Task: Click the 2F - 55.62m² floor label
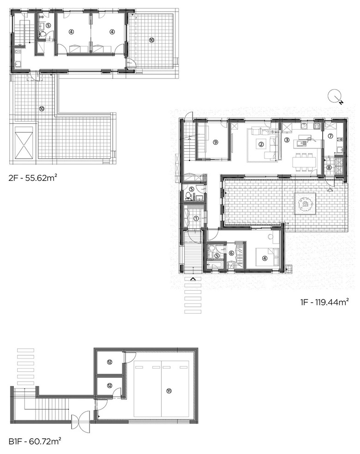(32, 178)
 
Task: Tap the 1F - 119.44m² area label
(324, 302)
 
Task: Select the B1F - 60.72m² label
(35, 441)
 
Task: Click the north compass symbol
(336, 97)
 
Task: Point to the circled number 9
(215, 142)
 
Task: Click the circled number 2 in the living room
(261, 143)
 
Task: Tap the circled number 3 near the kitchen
(287, 140)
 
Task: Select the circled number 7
(330, 136)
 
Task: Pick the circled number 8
(329, 167)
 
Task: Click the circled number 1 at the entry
(196, 218)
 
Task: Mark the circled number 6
(231, 253)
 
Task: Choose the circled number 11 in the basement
(169, 391)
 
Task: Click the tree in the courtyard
(305, 203)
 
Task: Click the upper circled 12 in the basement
(109, 362)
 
